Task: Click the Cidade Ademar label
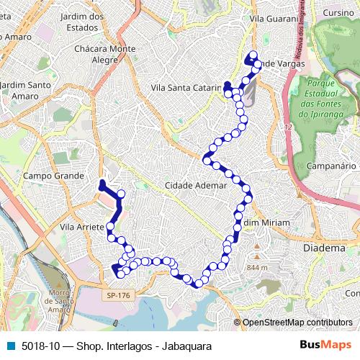[x=196, y=185]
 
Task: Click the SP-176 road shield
[x=113, y=294]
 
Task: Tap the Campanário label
[x=333, y=166]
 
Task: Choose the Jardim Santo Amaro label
[x=25, y=90]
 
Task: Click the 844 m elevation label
[x=257, y=268]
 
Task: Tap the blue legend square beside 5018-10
[x=9, y=345]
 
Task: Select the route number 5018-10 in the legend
[x=40, y=345]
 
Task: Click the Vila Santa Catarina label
[x=186, y=87]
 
